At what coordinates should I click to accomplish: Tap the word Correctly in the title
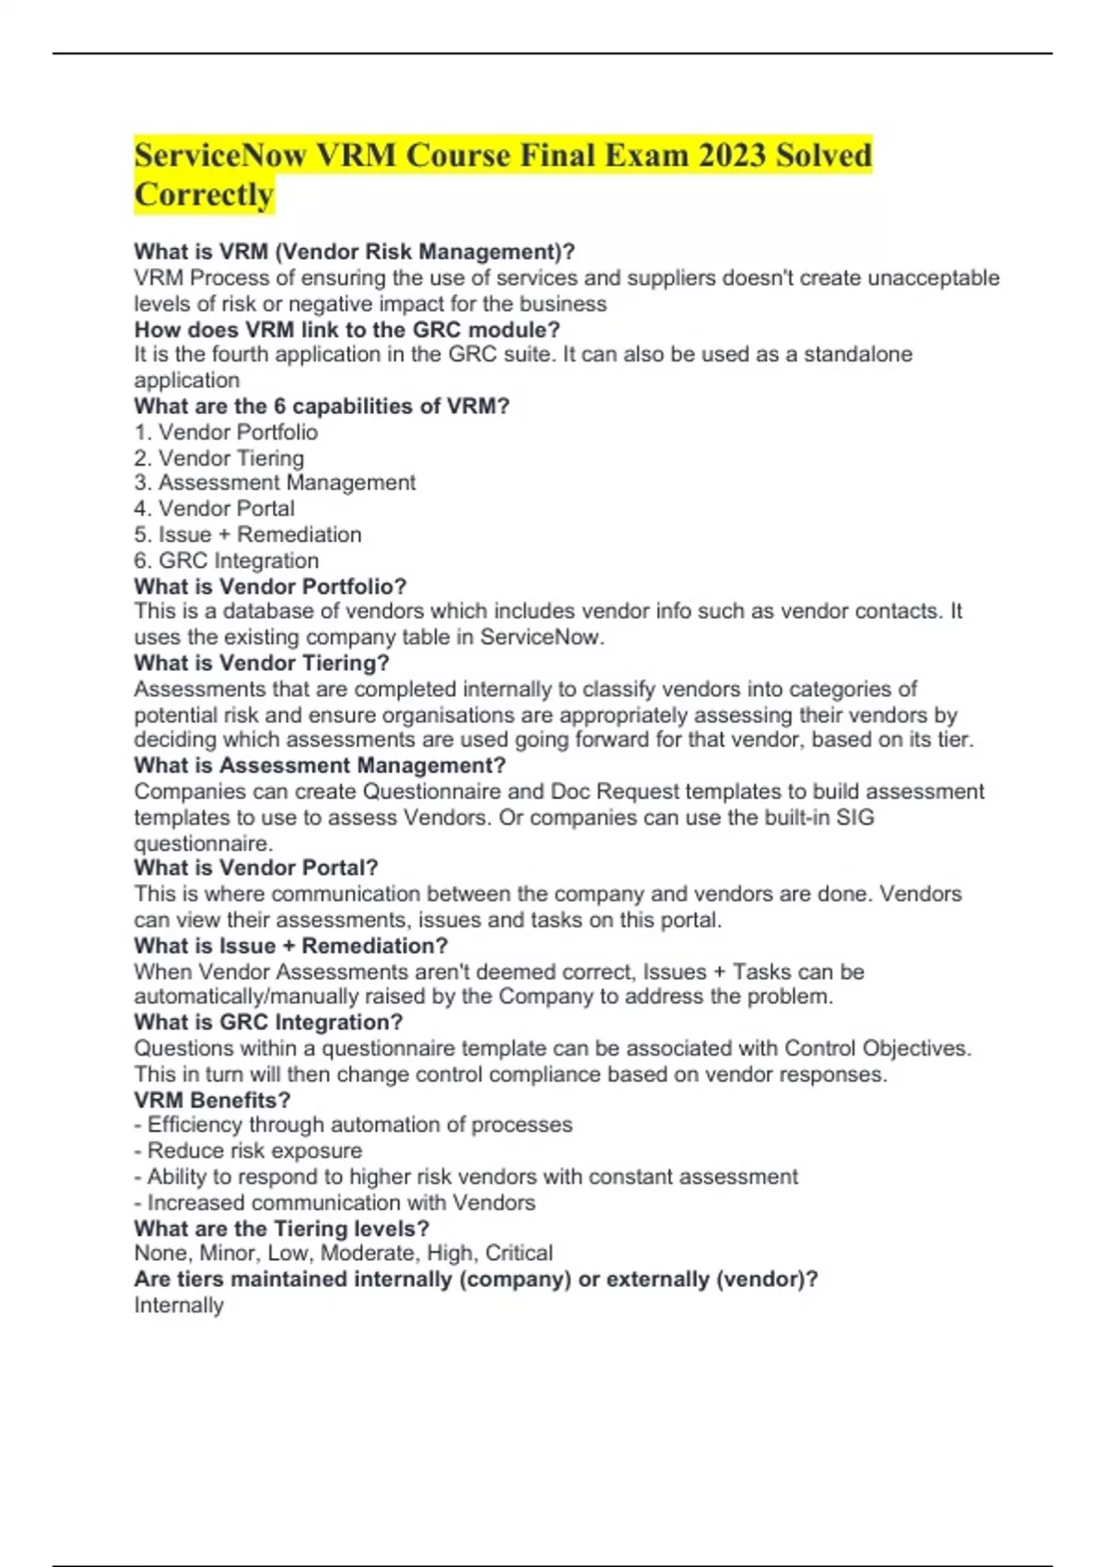click(204, 195)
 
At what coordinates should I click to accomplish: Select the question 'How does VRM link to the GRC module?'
click(347, 329)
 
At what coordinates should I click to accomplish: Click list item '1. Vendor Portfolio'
click(226, 432)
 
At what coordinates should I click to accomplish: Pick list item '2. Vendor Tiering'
click(218, 458)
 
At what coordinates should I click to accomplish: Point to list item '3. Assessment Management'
click(275, 483)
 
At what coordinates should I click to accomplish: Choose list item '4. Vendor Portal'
click(214, 509)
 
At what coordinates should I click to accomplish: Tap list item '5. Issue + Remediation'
click(247, 535)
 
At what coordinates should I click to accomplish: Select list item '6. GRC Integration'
click(226, 560)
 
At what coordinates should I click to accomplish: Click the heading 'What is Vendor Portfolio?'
click(270, 586)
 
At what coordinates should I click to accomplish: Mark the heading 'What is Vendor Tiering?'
click(261, 663)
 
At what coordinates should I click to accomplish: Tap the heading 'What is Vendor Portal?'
click(255, 867)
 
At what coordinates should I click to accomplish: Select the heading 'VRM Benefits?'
click(212, 1100)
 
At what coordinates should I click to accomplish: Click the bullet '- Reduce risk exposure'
click(248, 1150)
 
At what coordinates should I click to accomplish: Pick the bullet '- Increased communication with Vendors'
click(334, 1203)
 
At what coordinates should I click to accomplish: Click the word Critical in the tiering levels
click(519, 1254)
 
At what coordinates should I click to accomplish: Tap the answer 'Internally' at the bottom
click(179, 1305)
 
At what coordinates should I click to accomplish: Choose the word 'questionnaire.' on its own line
click(203, 843)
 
